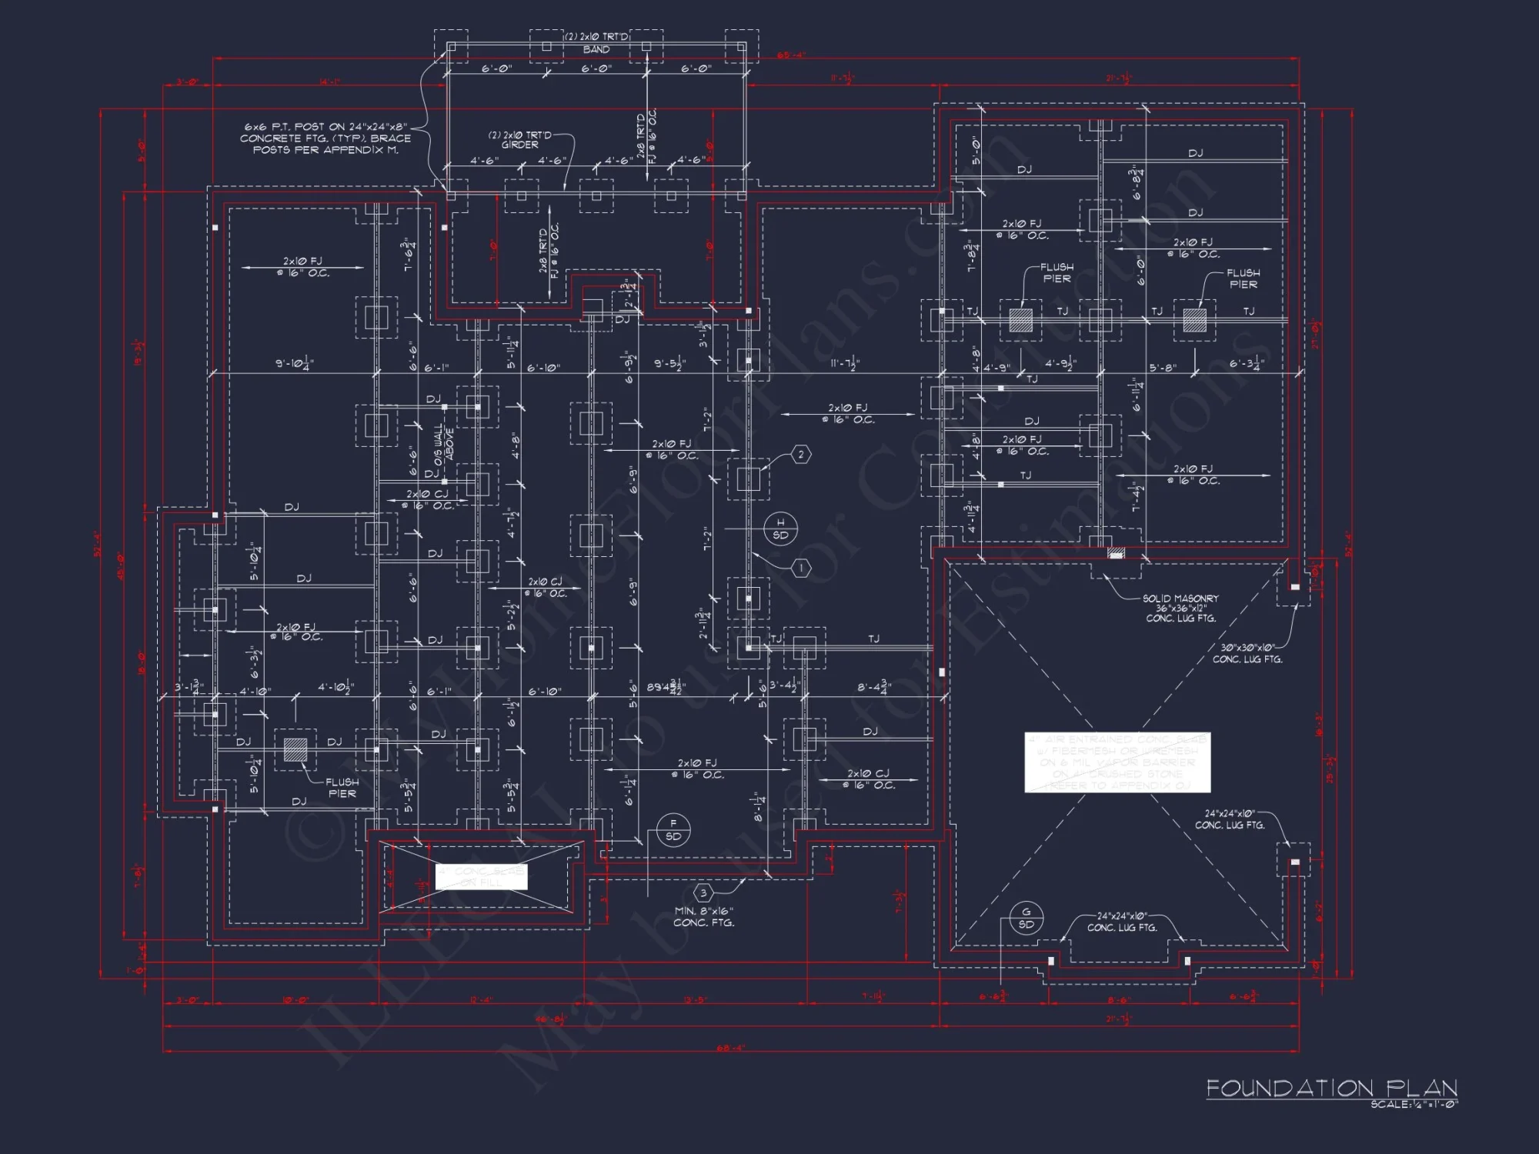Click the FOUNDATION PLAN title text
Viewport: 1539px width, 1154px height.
(1331, 1088)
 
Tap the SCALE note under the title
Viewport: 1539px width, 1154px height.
(1414, 1104)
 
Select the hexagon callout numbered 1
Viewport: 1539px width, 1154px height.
(801, 568)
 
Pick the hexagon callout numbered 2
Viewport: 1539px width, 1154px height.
(801, 455)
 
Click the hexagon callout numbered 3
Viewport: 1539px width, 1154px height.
(703, 893)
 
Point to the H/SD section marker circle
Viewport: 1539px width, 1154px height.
(780, 529)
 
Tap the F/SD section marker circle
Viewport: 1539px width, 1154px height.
(673, 830)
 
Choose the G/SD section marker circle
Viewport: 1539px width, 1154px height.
(1026, 918)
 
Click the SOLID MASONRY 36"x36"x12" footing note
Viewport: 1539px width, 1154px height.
(1180, 608)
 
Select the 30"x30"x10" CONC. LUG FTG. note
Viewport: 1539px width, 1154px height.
(1247, 653)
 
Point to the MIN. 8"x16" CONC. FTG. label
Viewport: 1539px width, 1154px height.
(703, 916)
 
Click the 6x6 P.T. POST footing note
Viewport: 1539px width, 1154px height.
(325, 138)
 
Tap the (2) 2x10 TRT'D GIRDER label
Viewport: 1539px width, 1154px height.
(520, 139)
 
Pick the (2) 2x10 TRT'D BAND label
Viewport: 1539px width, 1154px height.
(596, 43)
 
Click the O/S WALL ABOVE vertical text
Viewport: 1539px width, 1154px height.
(444, 443)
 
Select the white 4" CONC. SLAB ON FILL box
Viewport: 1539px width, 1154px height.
(482, 876)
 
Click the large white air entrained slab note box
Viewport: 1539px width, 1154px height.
(1117, 762)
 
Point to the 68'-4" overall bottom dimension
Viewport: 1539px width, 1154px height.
(729, 1047)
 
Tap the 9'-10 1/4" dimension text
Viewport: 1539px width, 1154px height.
(295, 362)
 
